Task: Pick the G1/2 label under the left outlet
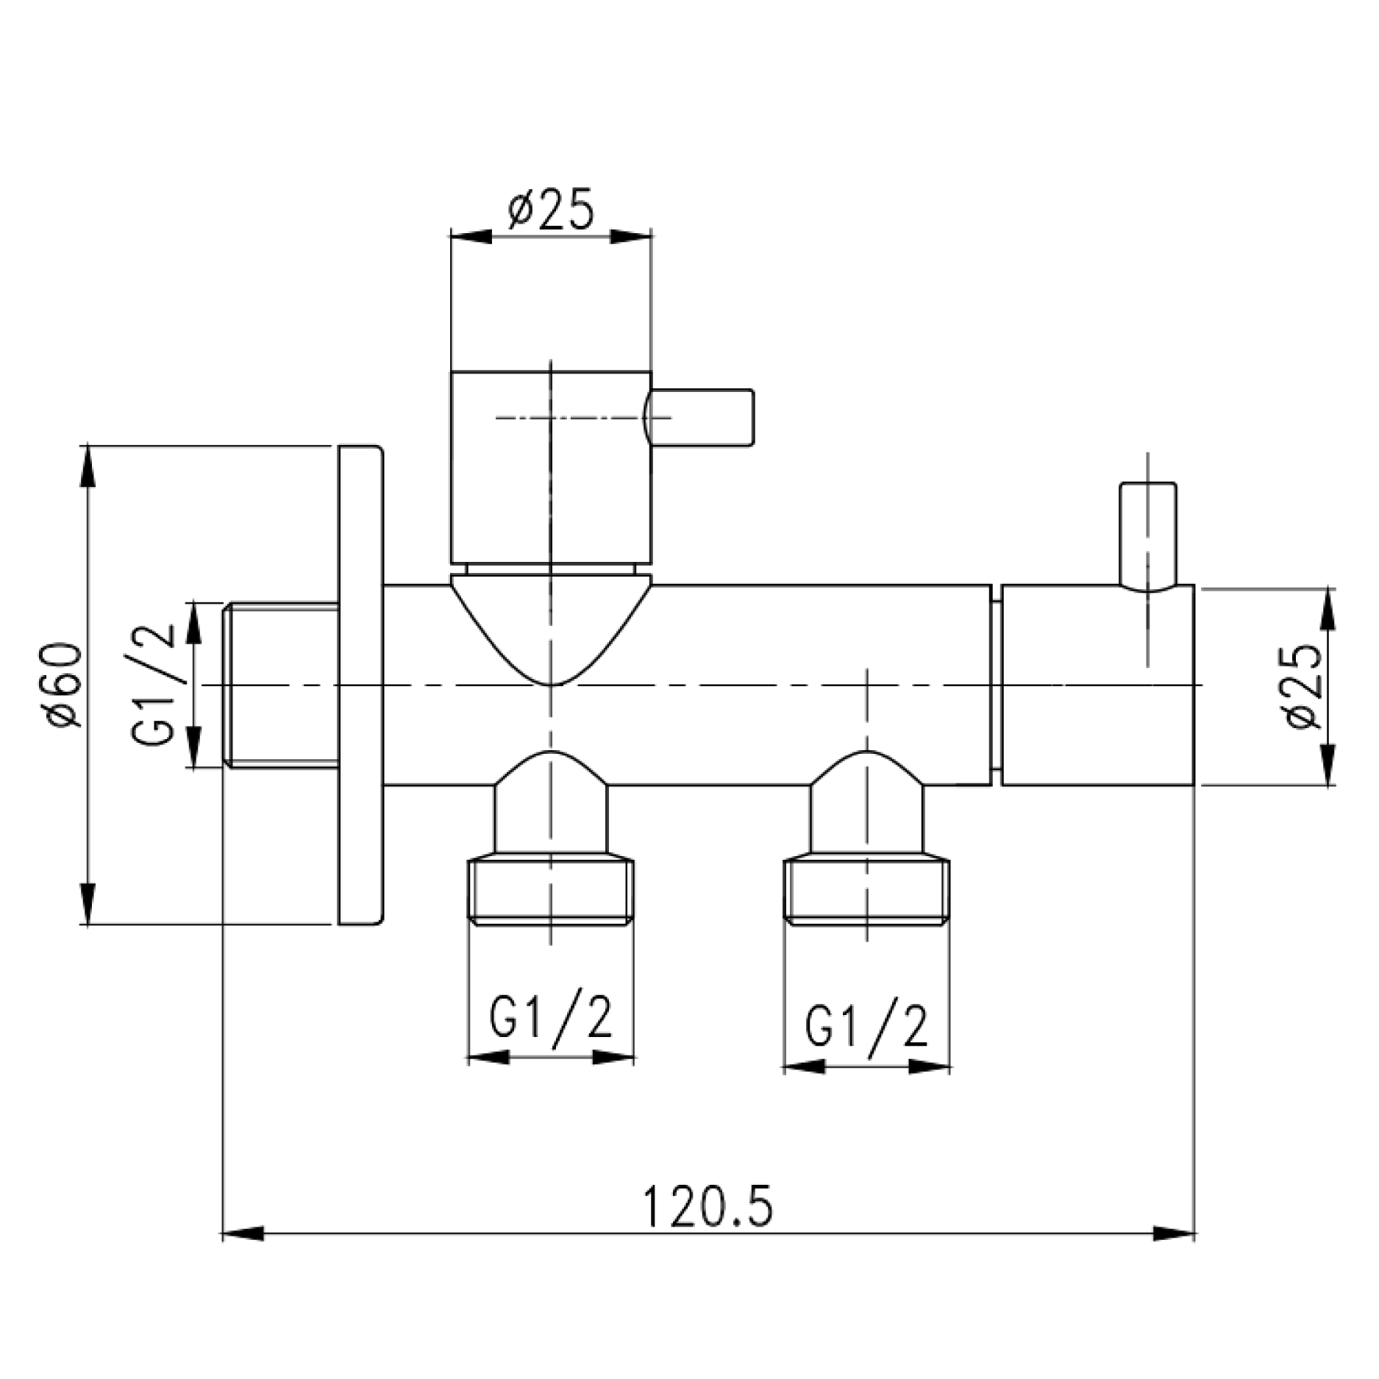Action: pos(550,1018)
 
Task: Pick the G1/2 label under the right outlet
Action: pos(866,1025)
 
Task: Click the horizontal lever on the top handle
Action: pos(702,417)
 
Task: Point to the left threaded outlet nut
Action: pos(550,889)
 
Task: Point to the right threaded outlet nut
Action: pos(866,891)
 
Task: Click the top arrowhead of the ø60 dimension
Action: pos(88,466)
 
